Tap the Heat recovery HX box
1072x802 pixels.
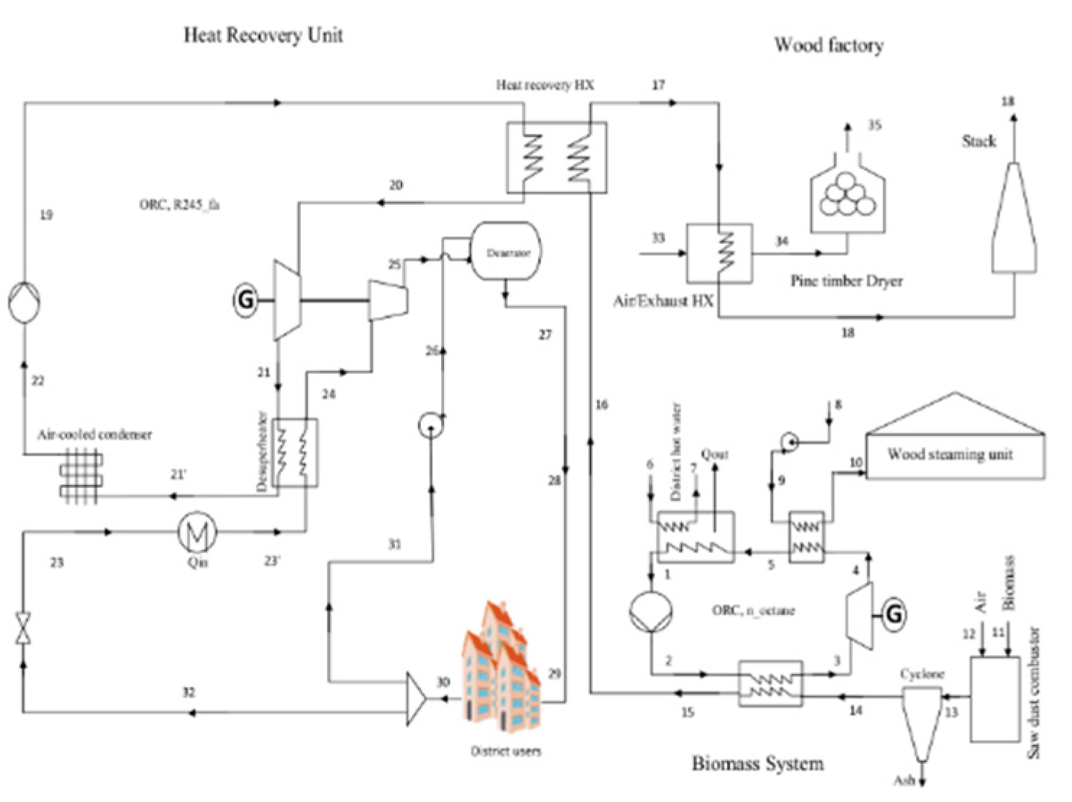[556, 158]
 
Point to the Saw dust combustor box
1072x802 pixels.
[994, 699]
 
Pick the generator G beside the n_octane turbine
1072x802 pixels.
[894, 614]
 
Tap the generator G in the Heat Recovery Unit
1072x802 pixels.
[245, 299]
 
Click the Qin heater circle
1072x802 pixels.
[197, 533]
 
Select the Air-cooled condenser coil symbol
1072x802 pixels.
[81, 476]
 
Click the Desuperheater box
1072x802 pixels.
[296, 453]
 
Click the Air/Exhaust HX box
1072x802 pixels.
[718, 253]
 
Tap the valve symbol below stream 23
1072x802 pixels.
[24, 629]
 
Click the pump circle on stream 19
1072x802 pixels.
[25, 302]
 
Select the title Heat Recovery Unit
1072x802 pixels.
[263, 35]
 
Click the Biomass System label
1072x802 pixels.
[757, 764]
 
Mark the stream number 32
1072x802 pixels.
[188, 692]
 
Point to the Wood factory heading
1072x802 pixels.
[829, 45]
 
